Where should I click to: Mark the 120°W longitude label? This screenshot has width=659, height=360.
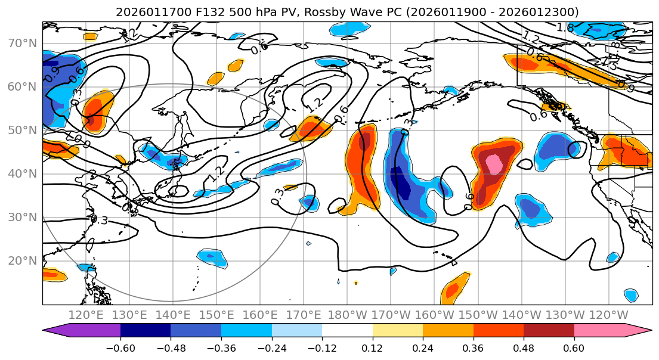[x=608, y=315]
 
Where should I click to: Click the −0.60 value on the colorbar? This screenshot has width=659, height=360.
[x=120, y=348]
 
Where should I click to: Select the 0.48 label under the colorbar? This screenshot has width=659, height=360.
[x=524, y=348]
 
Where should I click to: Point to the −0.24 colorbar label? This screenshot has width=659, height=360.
[x=272, y=348]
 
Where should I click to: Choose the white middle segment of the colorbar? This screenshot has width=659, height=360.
[x=347, y=331]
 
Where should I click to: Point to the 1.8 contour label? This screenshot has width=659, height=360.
[x=565, y=27]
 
